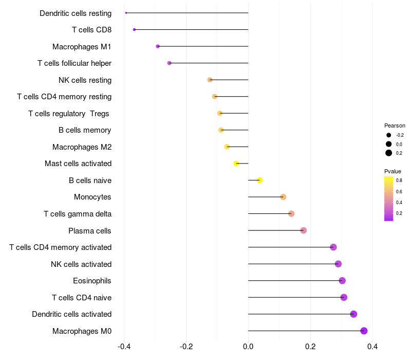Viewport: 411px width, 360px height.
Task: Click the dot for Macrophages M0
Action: tap(364, 331)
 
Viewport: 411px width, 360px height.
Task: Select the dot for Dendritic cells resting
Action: tap(126, 13)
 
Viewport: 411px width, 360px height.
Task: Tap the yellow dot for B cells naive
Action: tap(259, 180)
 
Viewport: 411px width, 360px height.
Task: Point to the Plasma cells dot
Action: tap(303, 230)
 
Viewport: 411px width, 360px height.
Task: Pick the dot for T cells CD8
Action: tap(134, 30)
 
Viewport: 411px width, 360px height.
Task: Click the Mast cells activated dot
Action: tap(236, 164)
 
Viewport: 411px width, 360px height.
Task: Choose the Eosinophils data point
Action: tap(342, 280)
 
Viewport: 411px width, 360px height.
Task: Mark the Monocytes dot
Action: tap(283, 197)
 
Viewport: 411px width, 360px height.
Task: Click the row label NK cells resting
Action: tap(85, 80)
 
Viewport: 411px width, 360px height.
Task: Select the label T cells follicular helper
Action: tap(74, 63)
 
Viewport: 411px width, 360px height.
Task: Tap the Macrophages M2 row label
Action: tap(82, 147)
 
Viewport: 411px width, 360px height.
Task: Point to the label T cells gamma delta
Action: tap(78, 214)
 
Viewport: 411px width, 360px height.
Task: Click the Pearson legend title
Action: tap(395, 125)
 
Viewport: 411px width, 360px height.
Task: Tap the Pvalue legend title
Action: tap(393, 171)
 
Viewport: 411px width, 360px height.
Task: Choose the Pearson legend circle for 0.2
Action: tap(389, 153)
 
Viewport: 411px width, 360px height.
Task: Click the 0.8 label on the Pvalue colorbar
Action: tap(399, 181)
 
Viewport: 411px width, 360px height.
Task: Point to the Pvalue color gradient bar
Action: tap(389, 199)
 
